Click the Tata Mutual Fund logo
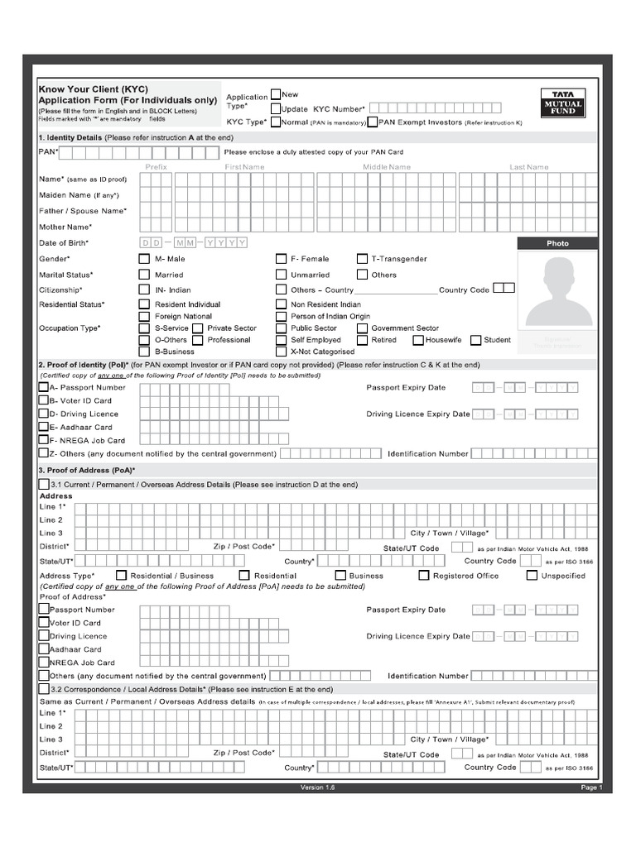(x=563, y=102)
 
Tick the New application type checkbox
(x=276, y=94)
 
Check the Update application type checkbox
(x=276, y=108)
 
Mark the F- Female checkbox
(x=281, y=259)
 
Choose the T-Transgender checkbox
(x=362, y=259)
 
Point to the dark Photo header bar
(x=557, y=243)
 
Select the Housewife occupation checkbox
(x=417, y=340)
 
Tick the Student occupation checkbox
(x=475, y=340)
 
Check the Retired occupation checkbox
(x=362, y=340)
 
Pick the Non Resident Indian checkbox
(x=281, y=304)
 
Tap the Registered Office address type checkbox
(x=424, y=576)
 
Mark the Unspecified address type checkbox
(x=532, y=576)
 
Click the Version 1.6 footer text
(x=317, y=788)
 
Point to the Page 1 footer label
(x=591, y=788)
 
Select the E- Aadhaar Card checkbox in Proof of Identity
(x=44, y=427)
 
